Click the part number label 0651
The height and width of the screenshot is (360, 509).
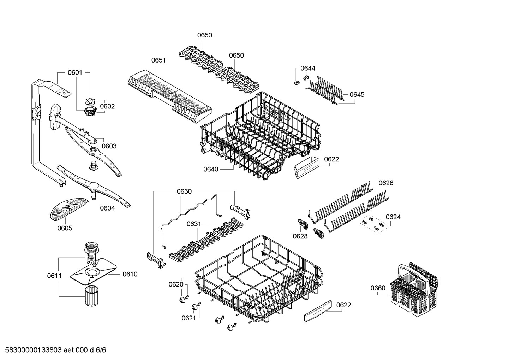(x=158, y=60)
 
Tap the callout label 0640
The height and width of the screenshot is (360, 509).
(x=211, y=169)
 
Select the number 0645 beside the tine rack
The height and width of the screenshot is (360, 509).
(x=357, y=94)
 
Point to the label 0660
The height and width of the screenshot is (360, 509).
(x=378, y=288)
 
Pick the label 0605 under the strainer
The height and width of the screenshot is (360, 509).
(x=65, y=228)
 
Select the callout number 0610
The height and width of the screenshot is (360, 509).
(x=130, y=274)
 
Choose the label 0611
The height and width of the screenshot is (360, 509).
(x=54, y=276)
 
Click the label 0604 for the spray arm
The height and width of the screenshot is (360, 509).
(x=107, y=208)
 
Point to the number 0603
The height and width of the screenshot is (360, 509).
(x=109, y=146)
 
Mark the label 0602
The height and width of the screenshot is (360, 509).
(x=107, y=106)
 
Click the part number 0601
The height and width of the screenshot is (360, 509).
(x=75, y=73)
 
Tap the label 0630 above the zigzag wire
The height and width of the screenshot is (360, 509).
(x=184, y=191)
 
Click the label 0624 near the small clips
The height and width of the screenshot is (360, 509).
(x=393, y=217)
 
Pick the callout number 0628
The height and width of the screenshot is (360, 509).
(x=300, y=236)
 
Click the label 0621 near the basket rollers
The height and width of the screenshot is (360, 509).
(x=189, y=318)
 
